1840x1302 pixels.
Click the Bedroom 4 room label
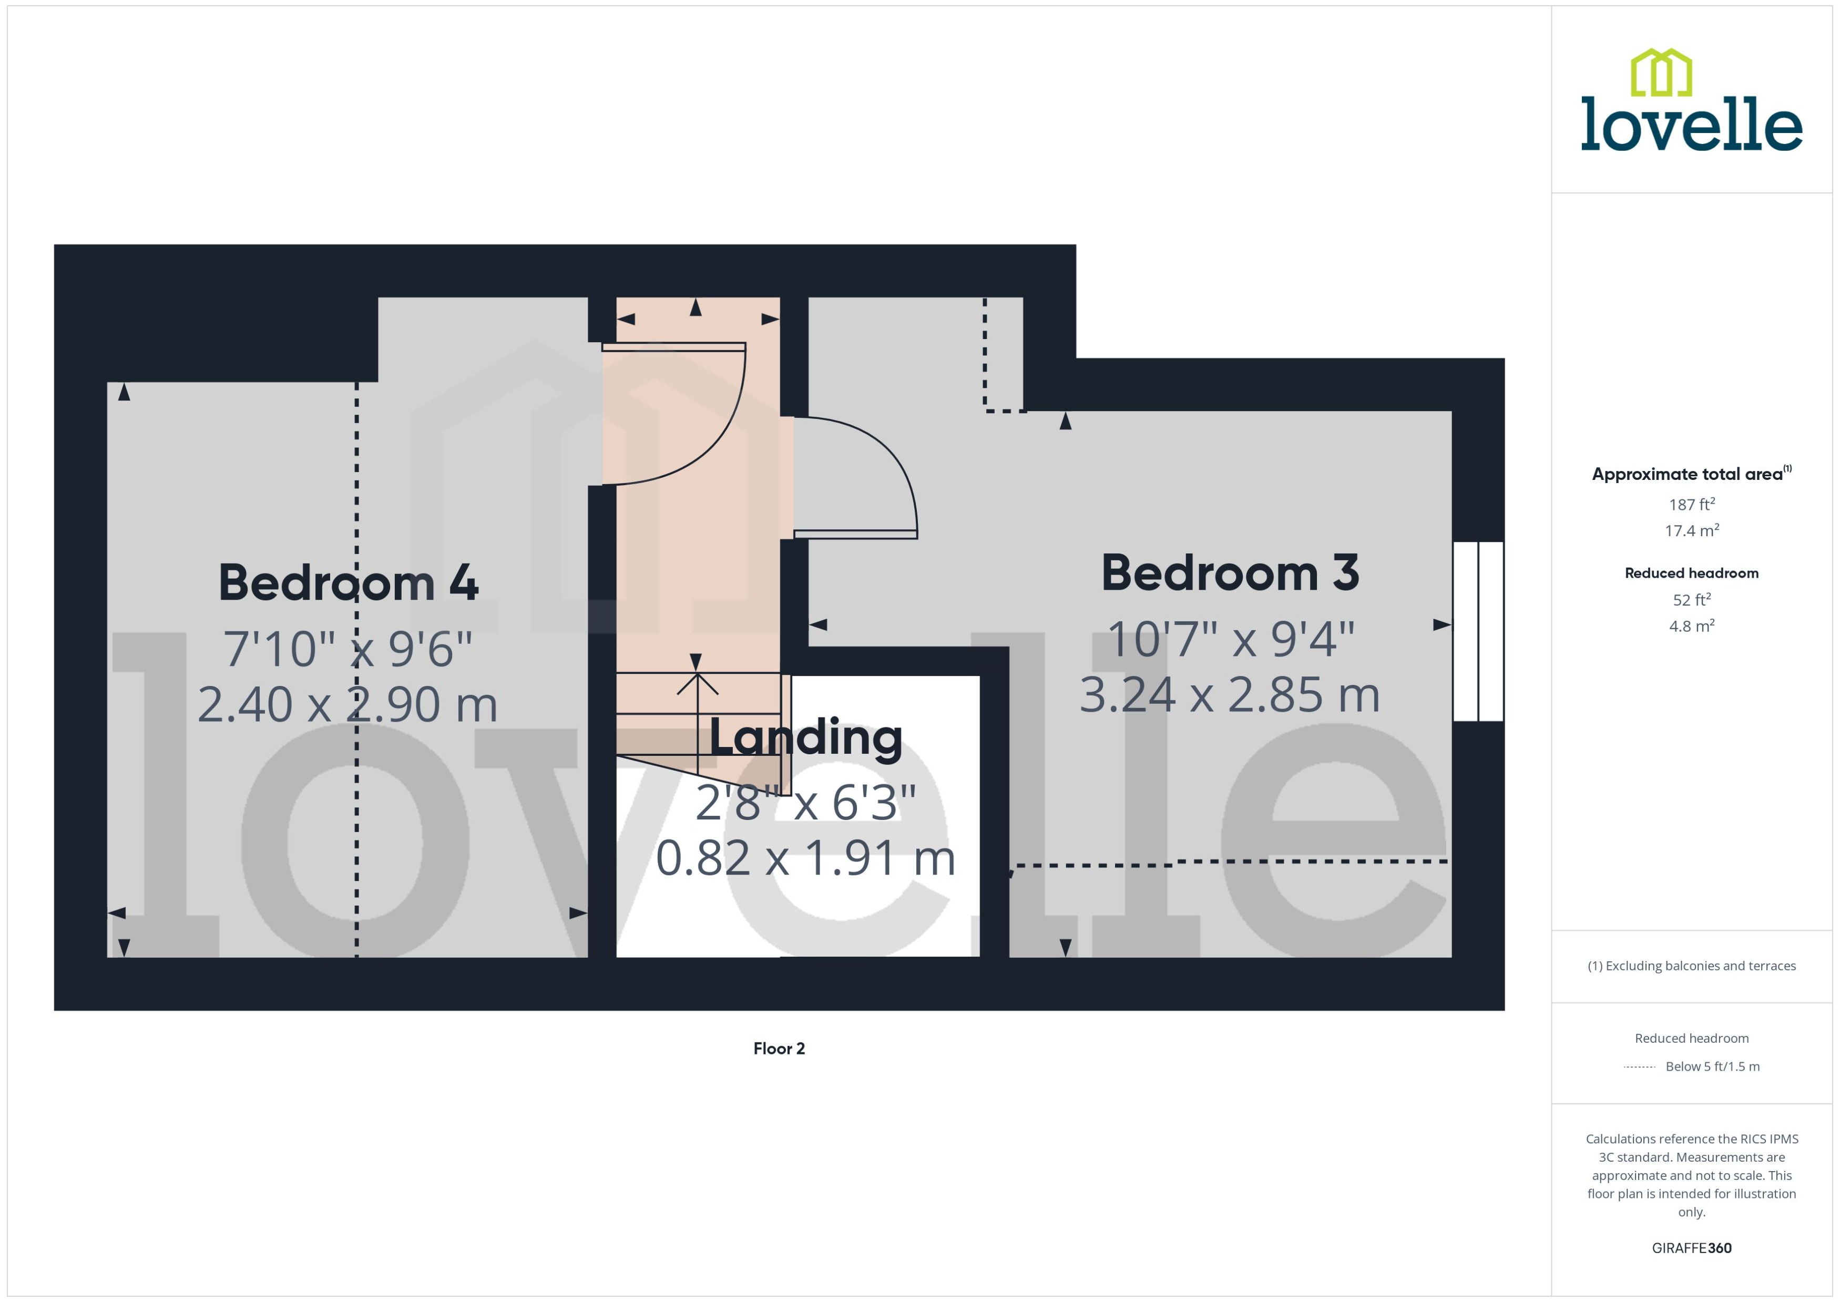(x=348, y=583)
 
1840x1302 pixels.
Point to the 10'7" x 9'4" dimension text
(x=1231, y=640)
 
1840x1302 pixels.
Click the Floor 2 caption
(x=779, y=1049)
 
